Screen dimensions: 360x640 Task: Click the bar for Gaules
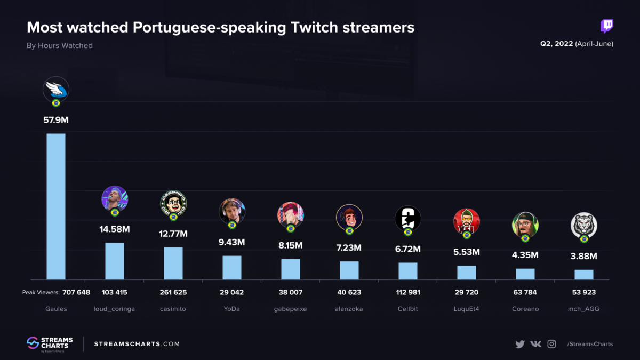pyautogui.click(x=56, y=206)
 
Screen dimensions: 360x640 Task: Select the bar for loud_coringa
pyautogui.click(x=115, y=261)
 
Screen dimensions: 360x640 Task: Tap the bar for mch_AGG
pyautogui.click(x=584, y=274)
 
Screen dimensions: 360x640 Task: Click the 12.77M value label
pyautogui.click(x=173, y=234)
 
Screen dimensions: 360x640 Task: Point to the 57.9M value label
pyautogui.click(x=56, y=120)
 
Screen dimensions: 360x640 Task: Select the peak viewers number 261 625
pyautogui.click(x=173, y=292)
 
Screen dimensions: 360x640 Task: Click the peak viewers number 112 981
pyautogui.click(x=408, y=292)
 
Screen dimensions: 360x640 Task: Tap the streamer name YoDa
pyautogui.click(x=232, y=309)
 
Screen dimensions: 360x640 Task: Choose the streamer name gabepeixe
pyautogui.click(x=291, y=309)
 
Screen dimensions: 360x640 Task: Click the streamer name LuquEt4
pyautogui.click(x=467, y=309)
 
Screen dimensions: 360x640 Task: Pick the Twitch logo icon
pyautogui.click(x=606, y=26)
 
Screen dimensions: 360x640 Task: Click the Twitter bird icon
pyautogui.click(x=520, y=344)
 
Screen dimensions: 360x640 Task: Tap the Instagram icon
pyautogui.click(x=552, y=344)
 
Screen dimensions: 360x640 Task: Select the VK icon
pyautogui.click(x=536, y=344)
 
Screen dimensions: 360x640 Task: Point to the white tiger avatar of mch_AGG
pyautogui.click(x=584, y=225)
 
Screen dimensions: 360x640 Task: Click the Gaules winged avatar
pyautogui.click(x=56, y=89)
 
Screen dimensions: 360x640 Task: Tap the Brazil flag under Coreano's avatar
pyautogui.click(x=525, y=238)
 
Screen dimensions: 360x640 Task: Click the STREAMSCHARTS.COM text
pyautogui.click(x=137, y=344)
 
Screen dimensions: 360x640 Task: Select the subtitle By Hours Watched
pyautogui.click(x=60, y=46)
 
